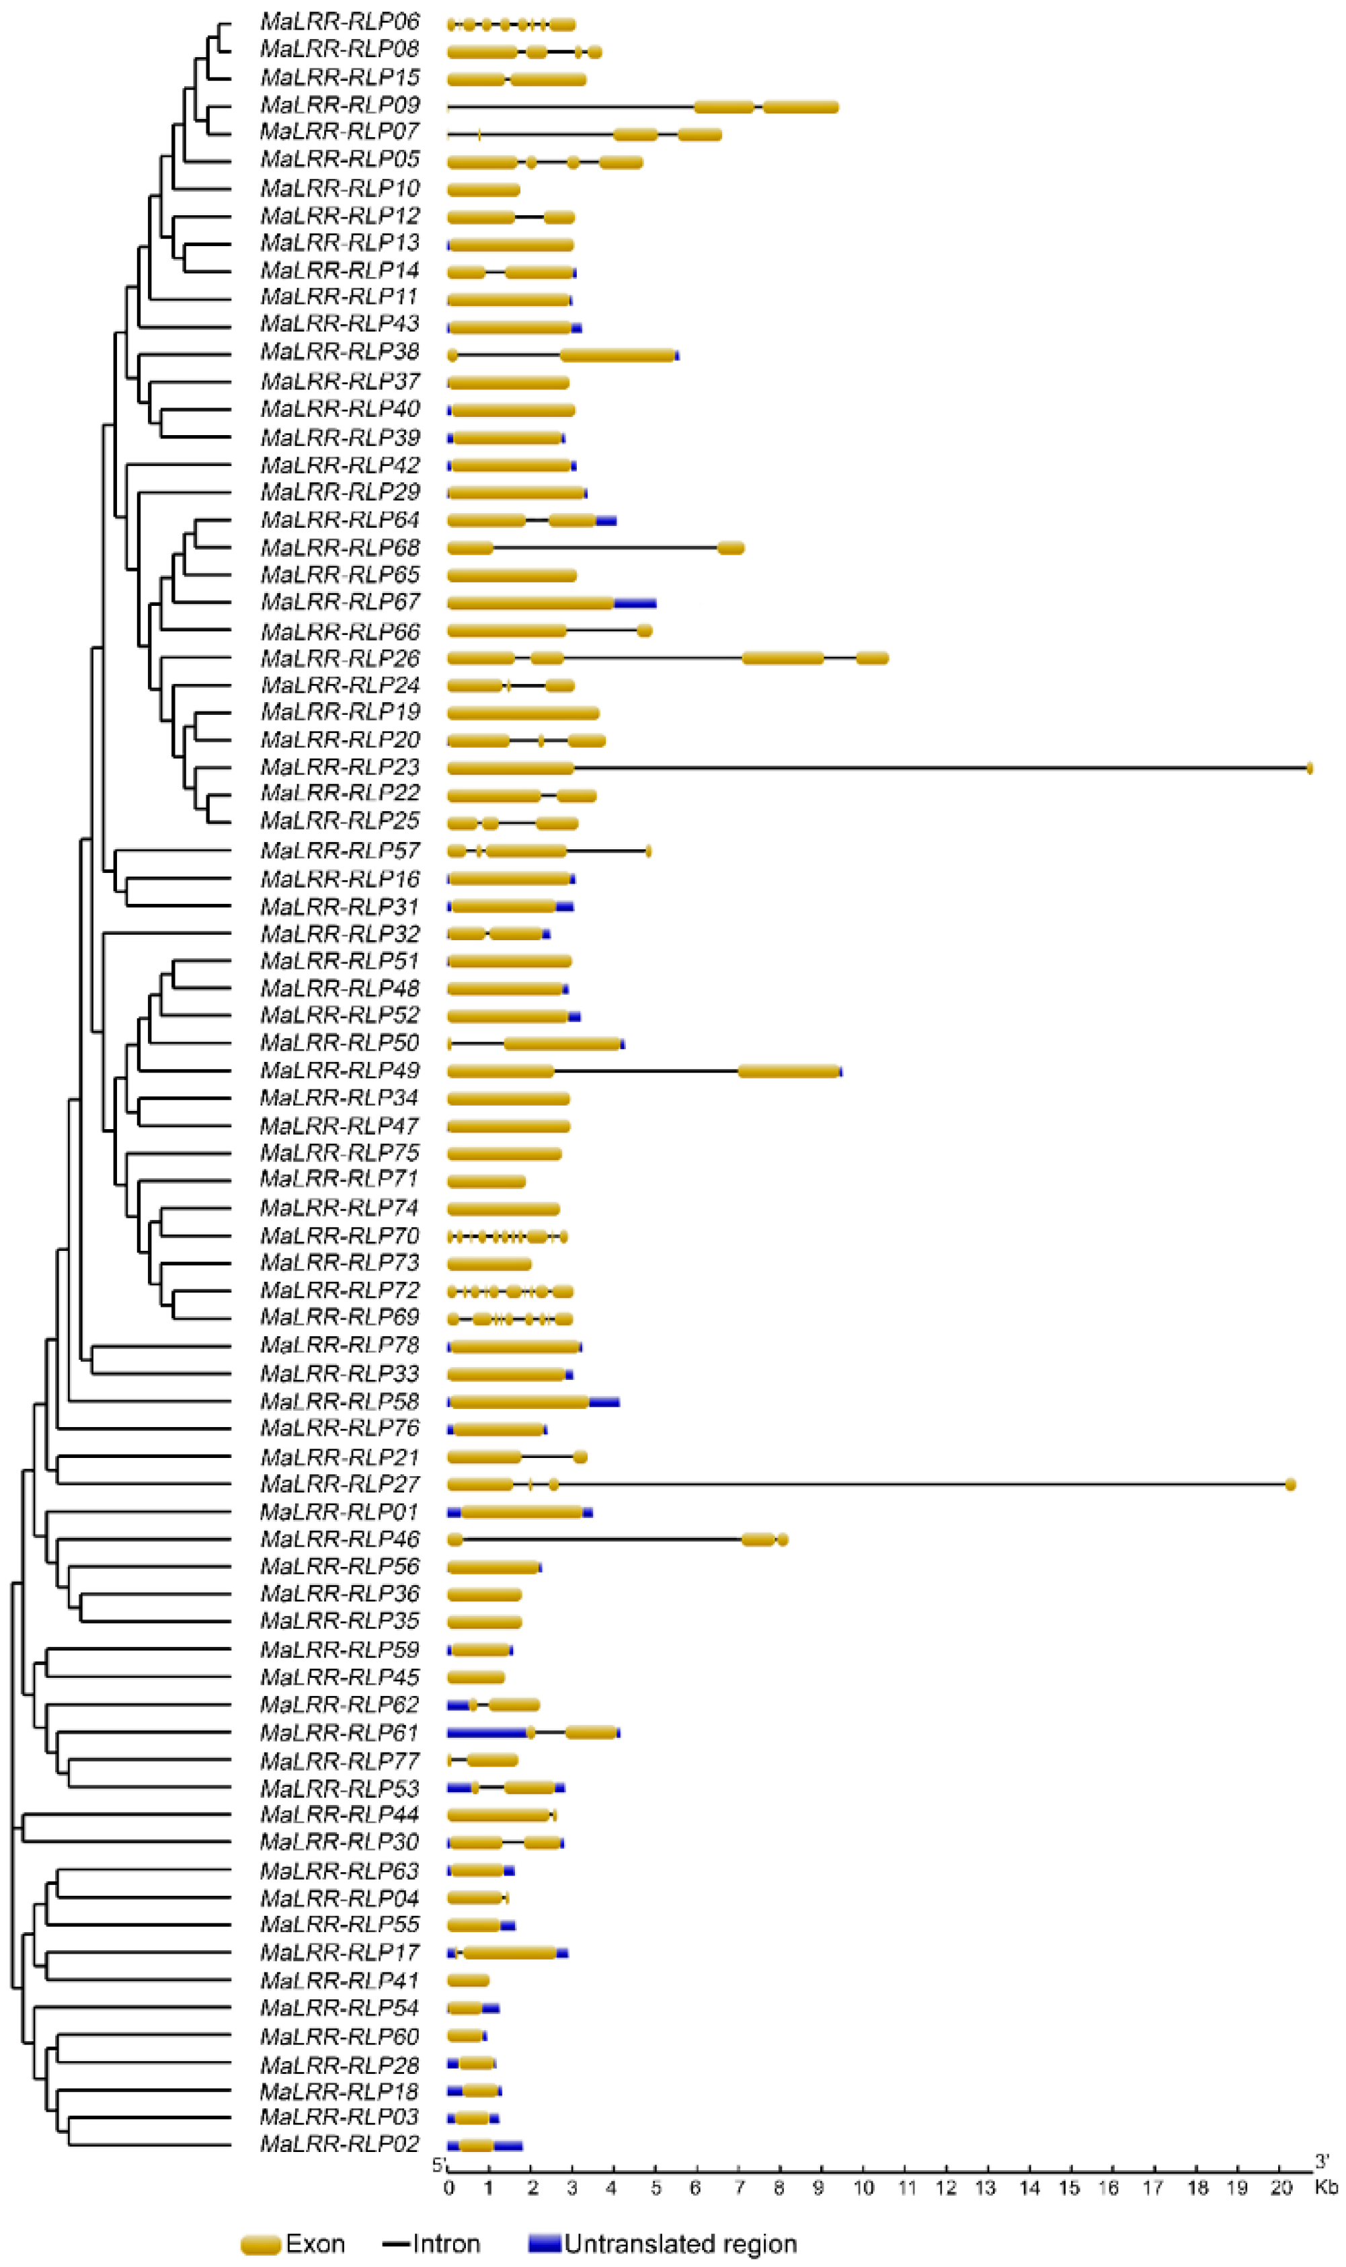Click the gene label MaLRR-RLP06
tap(340, 22)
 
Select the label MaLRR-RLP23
tap(340, 767)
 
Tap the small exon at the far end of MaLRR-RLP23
tap(1309, 769)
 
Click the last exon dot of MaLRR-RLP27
tap(1290, 1484)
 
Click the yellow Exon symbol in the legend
tap(260, 2244)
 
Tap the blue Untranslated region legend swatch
tap(544, 2243)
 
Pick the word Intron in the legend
tap(446, 2243)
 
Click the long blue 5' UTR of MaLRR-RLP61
tap(486, 1732)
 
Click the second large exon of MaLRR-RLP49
tap(788, 1071)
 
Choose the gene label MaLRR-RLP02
tap(340, 2144)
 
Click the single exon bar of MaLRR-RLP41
tap(468, 1981)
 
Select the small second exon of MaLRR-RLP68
tap(730, 548)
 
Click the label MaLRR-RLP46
tap(340, 1539)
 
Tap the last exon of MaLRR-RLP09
tap(800, 107)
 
